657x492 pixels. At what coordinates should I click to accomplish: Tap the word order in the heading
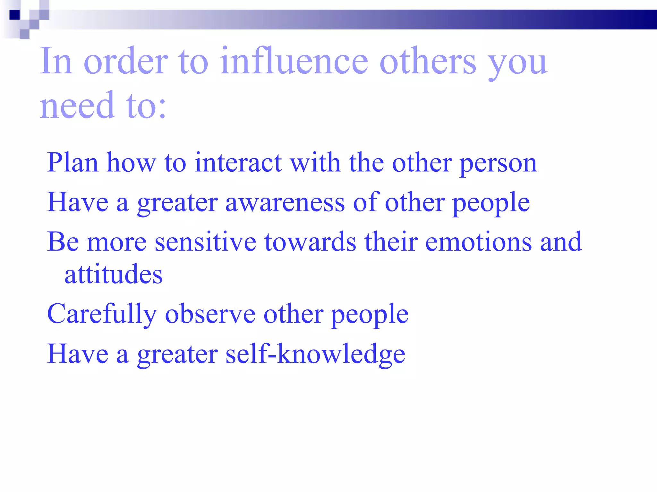(126, 61)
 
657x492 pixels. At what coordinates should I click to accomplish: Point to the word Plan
(73, 163)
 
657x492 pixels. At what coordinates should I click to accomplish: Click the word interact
(238, 163)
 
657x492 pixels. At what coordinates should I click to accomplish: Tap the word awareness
(285, 203)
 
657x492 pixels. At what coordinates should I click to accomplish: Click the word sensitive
(205, 242)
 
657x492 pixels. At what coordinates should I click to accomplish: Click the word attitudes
(114, 275)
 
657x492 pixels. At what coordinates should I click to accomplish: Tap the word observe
(210, 314)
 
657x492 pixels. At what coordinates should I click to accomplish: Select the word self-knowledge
(315, 354)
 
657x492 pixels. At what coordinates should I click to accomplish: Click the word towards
(310, 242)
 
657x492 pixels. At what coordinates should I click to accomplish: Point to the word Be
(63, 242)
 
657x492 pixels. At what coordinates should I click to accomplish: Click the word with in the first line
(315, 163)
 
